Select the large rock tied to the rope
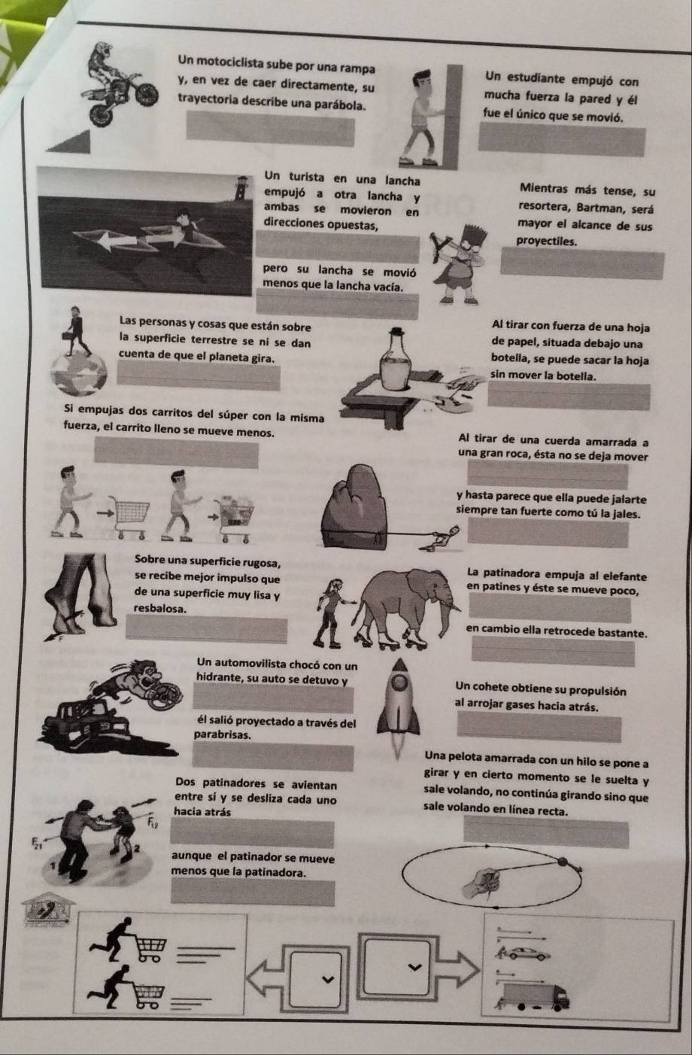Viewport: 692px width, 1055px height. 355,506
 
